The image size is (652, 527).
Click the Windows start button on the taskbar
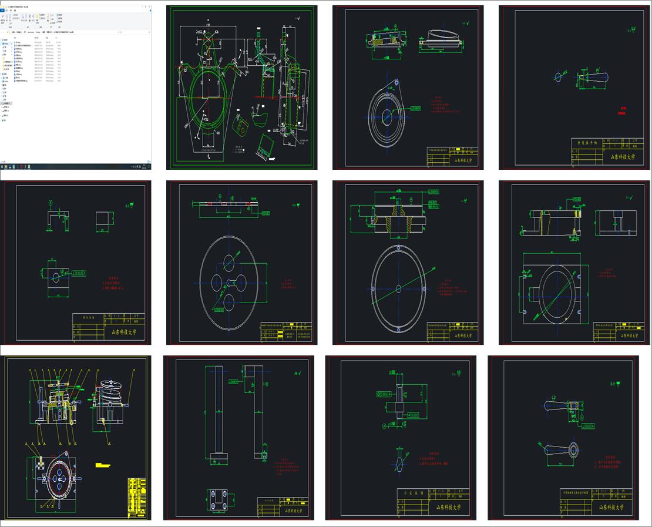(2, 167)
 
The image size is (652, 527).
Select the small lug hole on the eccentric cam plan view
(396, 82)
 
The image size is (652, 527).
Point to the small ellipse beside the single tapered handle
(559, 76)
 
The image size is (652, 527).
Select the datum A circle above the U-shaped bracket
(51, 203)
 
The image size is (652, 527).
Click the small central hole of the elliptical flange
(398, 288)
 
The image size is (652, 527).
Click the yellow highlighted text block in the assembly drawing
(103, 465)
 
